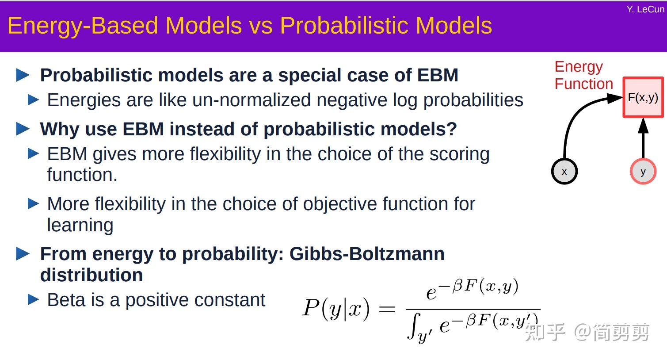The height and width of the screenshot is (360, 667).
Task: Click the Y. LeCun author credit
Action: point(645,9)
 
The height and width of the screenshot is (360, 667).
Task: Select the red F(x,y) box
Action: point(643,97)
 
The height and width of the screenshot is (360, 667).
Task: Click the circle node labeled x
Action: point(564,172)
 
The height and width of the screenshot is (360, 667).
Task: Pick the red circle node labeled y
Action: point(643,172)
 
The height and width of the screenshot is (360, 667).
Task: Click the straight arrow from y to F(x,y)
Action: point(643,139)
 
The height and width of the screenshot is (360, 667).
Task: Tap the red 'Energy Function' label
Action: point(583,75)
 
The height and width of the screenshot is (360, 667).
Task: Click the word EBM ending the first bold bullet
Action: point(438,75)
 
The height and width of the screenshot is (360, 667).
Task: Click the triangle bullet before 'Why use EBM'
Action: point(23,129)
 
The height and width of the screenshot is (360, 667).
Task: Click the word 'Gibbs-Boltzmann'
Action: point(367,254)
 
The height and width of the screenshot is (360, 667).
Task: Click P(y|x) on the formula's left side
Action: point(336,308)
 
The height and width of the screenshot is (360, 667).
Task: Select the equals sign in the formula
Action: point(387,309)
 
